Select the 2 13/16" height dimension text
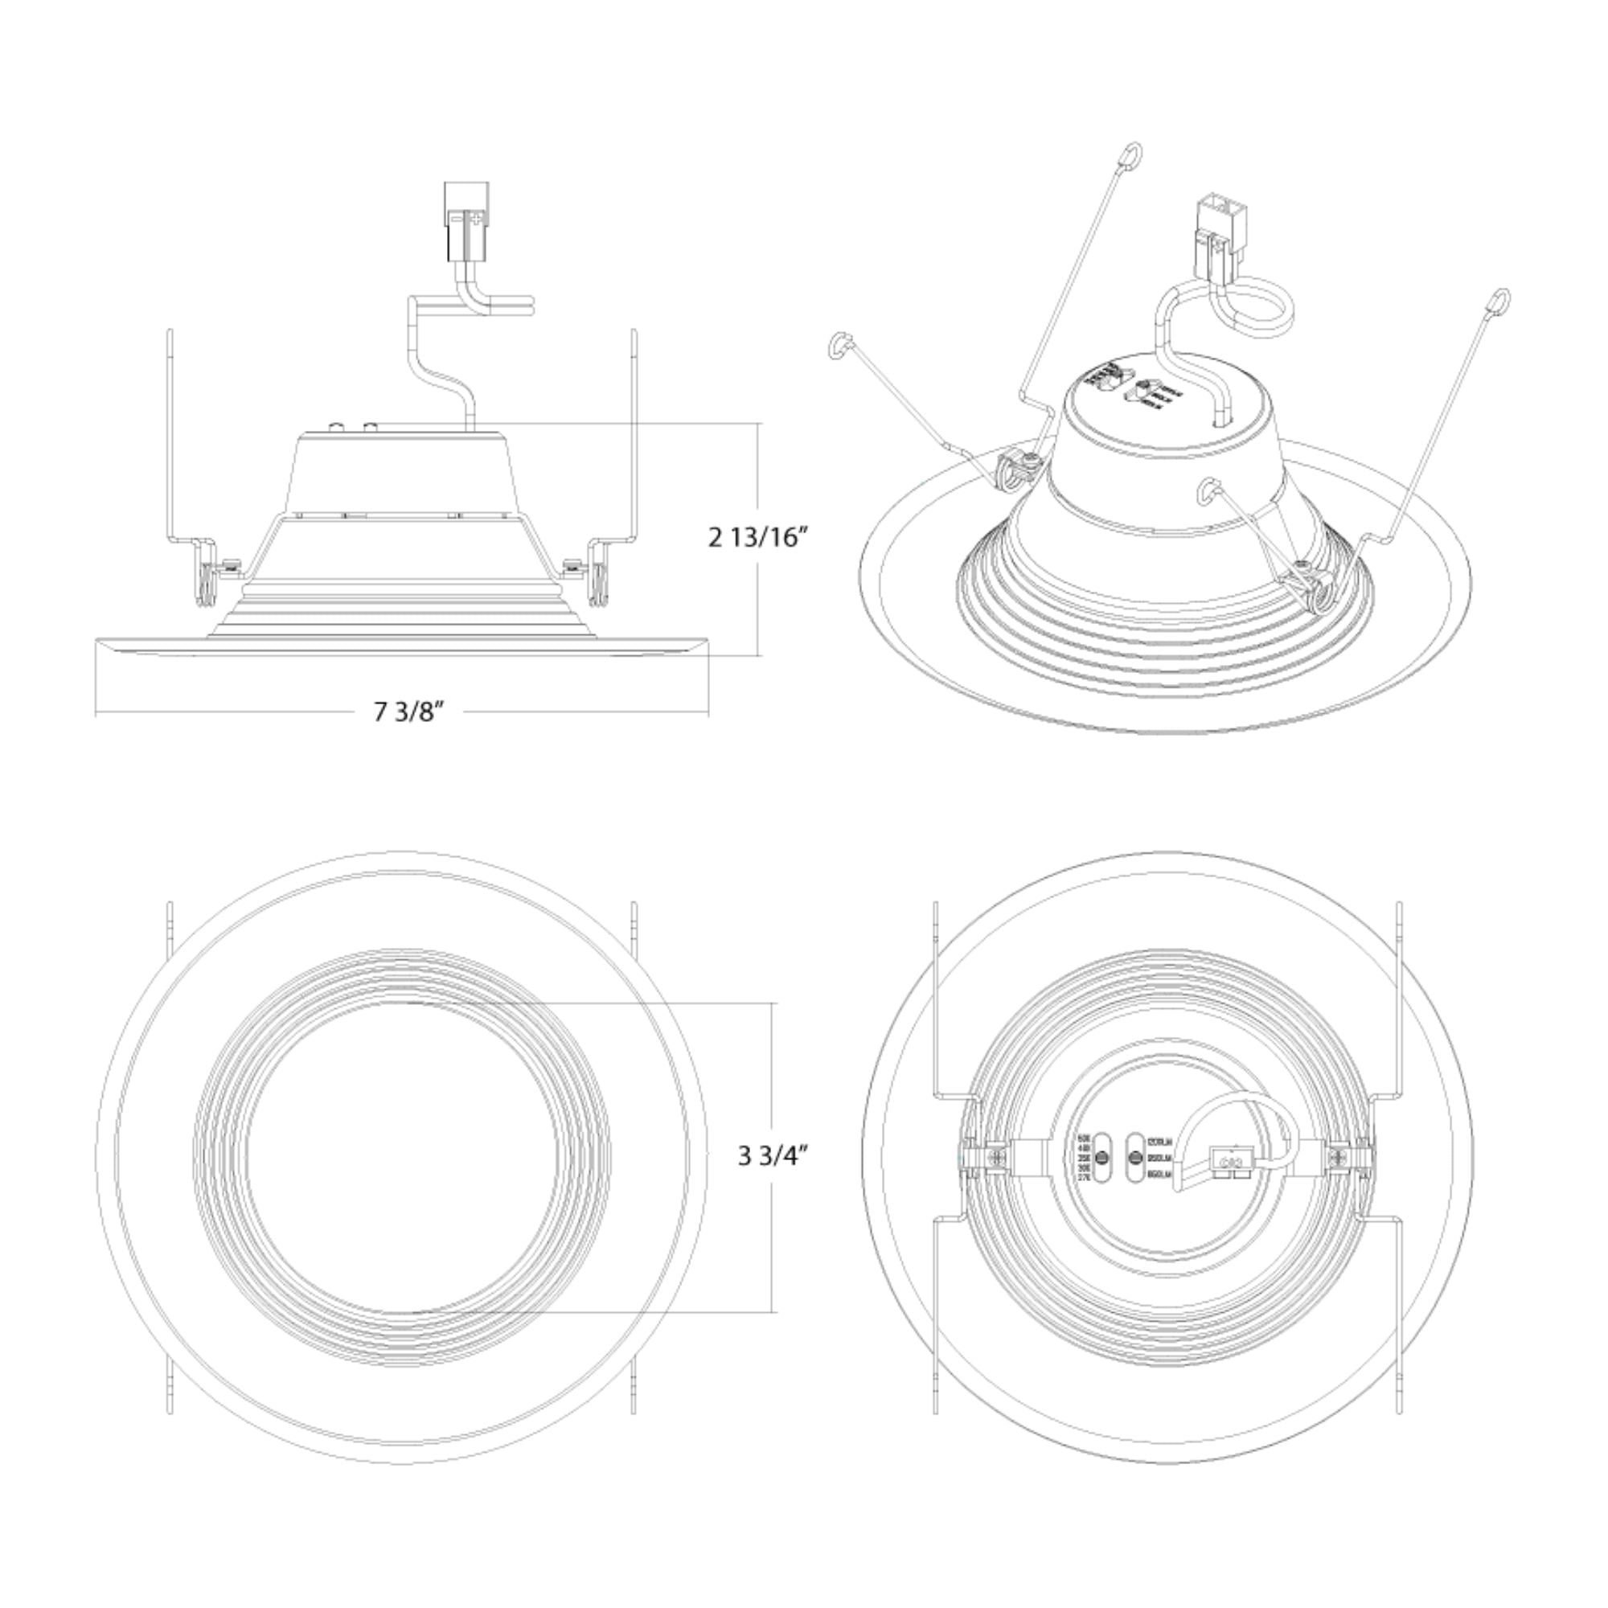pos(758,538)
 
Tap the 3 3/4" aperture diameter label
pos(773,1156)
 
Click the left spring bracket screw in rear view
pos(996,1158)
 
